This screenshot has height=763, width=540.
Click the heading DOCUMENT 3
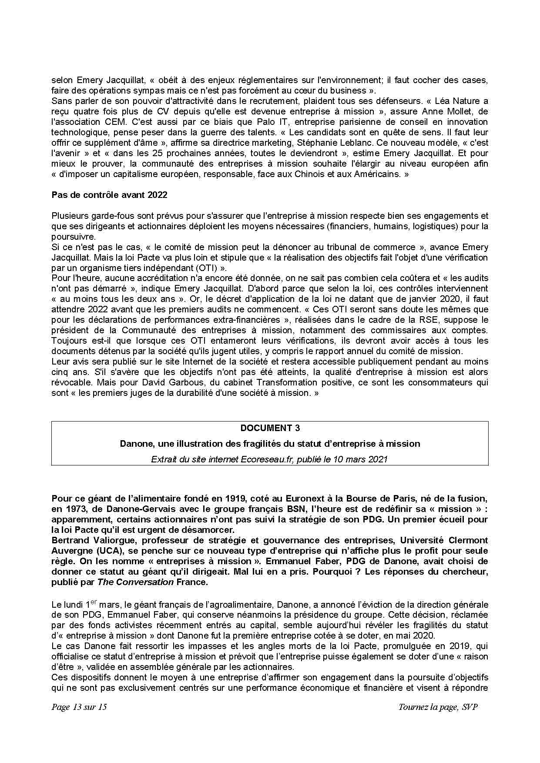pyautogui.click(x=270, y=428)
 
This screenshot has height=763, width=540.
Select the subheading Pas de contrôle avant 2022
pyautogui.click(x=109, y=195)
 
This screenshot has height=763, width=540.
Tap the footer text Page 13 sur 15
pyautogui.click(x=79, y=707)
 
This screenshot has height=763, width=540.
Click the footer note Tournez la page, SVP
pyautogui.click(x=438, y=707)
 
